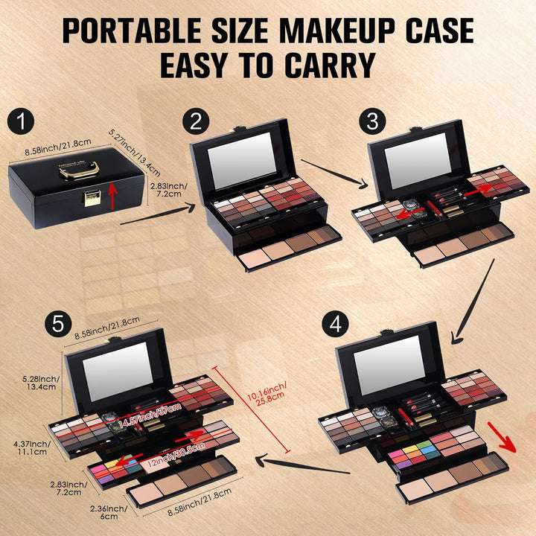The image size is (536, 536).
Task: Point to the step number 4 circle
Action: coord(335,325)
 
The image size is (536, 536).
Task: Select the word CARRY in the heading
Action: coord(328,66)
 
